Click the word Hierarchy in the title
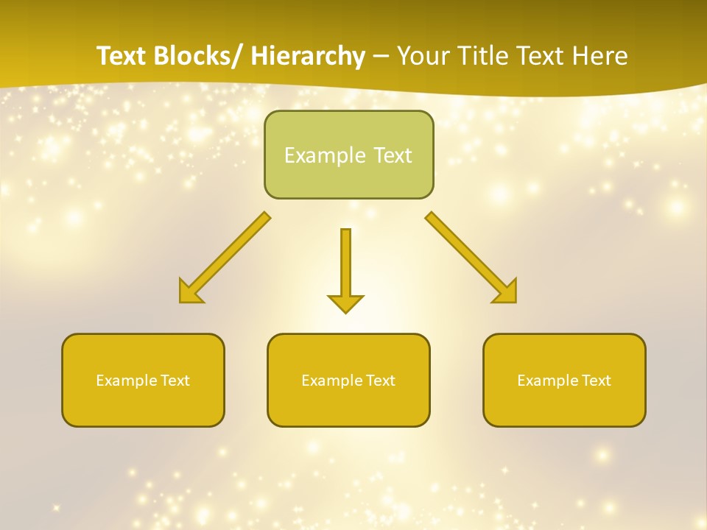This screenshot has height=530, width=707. pos(308,57)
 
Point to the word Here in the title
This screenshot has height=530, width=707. pos(601,57)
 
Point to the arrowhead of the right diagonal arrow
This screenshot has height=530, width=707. pos(507,292)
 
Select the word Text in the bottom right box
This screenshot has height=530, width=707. pos(596,381)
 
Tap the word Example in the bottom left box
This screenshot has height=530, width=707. pos(126,381)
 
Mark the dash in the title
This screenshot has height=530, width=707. pos(381,57)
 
